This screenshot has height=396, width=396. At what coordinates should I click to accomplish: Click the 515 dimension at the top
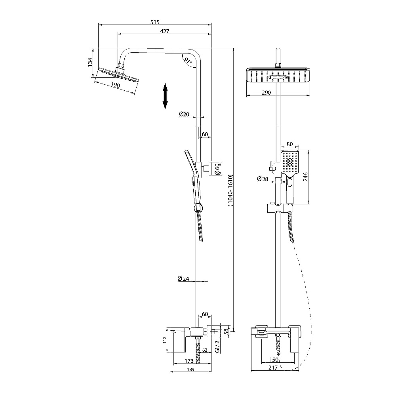point(155,22)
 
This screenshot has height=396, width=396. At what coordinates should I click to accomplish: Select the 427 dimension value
point(165,31)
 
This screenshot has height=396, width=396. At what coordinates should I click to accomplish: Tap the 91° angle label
point(188,61)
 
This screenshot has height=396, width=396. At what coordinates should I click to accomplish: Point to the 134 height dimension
point(90,63)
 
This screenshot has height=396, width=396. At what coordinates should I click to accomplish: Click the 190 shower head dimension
point(115,85)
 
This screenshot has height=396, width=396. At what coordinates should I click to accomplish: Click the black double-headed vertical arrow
point(165,96)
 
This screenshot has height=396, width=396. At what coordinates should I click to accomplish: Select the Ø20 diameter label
point(184,114)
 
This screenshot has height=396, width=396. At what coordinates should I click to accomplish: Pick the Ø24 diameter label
point(183,278)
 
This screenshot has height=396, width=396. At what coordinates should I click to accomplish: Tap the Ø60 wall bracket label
point(217,169)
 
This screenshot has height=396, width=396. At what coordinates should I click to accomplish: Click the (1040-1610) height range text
point(230,191)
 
